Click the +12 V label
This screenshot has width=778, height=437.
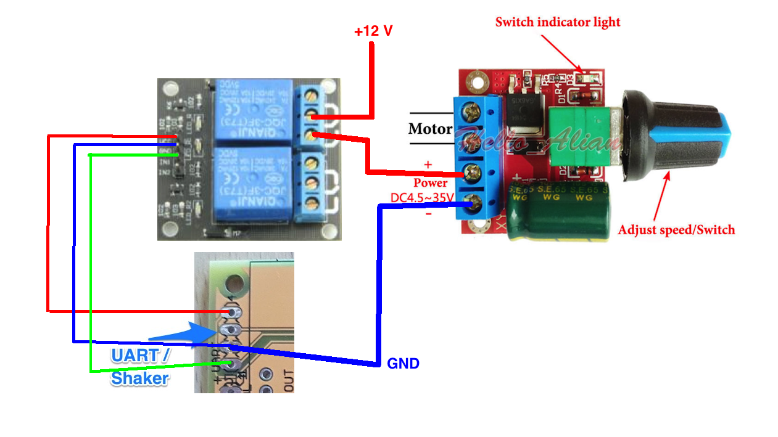pos(373,31)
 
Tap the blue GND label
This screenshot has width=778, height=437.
pos(403,364)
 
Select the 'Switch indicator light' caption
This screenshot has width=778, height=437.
pos(558,22)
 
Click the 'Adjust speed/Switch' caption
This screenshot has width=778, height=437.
pos(676,230)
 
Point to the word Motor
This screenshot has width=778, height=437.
pos(430,129)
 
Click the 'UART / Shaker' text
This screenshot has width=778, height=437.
pos(140,367)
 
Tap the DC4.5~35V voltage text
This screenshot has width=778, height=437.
pos(423,197)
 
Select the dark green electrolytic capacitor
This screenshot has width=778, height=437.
pos(558,210)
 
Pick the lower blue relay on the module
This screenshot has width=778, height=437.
pos(252,182)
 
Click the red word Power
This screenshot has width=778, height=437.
pos(430,183)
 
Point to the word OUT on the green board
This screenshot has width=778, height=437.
pos(289,380)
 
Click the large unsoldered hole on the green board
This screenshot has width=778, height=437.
pos(233,284)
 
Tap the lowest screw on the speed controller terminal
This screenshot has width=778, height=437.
pos(472,200)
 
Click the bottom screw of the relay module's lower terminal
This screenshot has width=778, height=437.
pos(313,202)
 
